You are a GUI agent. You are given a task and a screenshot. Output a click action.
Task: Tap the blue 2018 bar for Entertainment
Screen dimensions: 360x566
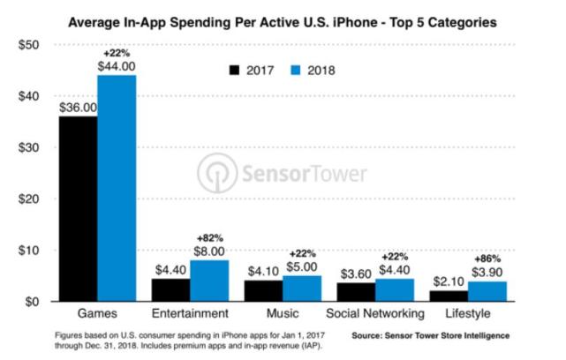(x=209, y=281)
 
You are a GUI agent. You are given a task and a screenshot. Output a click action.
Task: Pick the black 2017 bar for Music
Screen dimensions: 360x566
(x=264, y=290)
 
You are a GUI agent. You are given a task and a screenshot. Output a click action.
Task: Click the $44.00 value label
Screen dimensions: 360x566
(x=117, y=66)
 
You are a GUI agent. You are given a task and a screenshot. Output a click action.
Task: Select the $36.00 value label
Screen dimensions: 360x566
(x=78, y=108)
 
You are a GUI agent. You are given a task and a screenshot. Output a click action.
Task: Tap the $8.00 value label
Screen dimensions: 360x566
(x=210, y=251)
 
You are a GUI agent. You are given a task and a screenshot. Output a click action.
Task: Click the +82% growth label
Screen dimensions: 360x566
(x=210, y=238)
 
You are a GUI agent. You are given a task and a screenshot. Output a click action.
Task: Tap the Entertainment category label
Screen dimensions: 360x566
(x=191, y=314)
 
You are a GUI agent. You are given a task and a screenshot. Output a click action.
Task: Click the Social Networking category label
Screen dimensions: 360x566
(x=378, y=314)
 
